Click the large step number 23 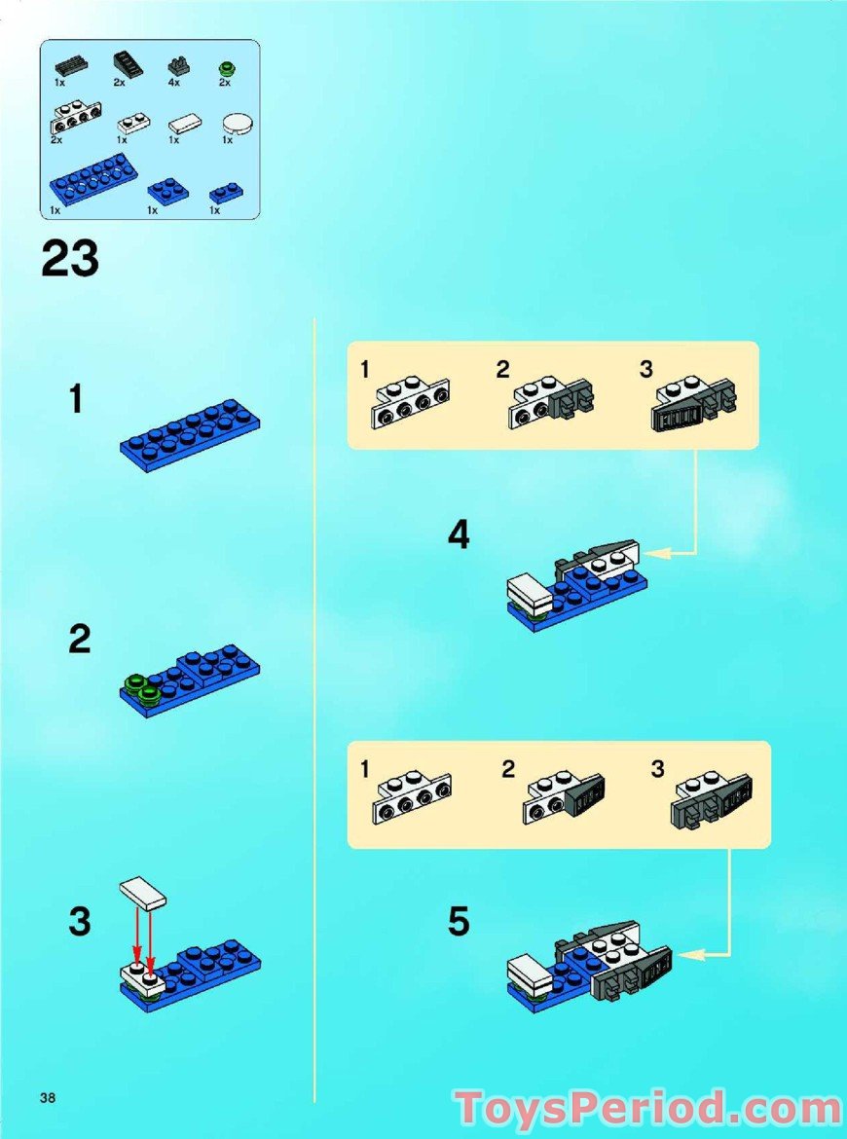point(70,259)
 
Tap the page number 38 point(48,1098)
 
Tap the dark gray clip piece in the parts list point(179,66)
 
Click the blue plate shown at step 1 point(190,429)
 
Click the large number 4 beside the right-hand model point(459,534)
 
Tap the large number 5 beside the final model point(459,921)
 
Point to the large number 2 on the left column point(80,641)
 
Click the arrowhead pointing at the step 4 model point(649,553)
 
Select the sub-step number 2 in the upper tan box point(502,370)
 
